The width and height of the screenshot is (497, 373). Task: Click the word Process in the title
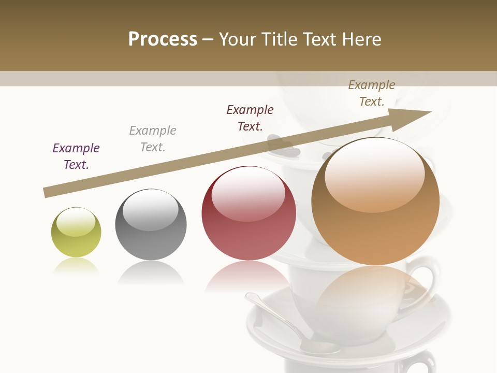click(x=163, y=39)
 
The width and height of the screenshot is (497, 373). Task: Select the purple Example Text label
click(x=76, y=156)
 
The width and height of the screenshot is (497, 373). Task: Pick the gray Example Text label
click(x=153, y=139)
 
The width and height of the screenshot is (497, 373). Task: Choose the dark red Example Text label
click(x=250, y=118)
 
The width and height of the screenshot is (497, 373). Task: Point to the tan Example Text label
click(x=372, y=93)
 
